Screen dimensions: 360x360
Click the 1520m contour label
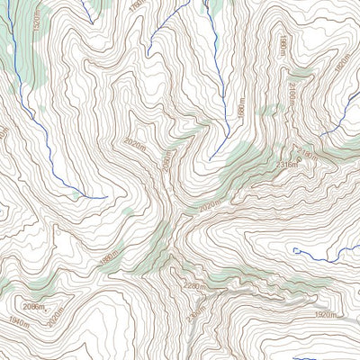(x=35, y=20)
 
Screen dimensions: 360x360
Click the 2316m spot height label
(x=288, y=165)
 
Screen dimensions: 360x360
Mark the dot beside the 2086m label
(x=51, y=308)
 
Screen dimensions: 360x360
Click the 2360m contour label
(x=192, y=316)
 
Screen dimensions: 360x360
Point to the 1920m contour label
(x=326, y=316)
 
